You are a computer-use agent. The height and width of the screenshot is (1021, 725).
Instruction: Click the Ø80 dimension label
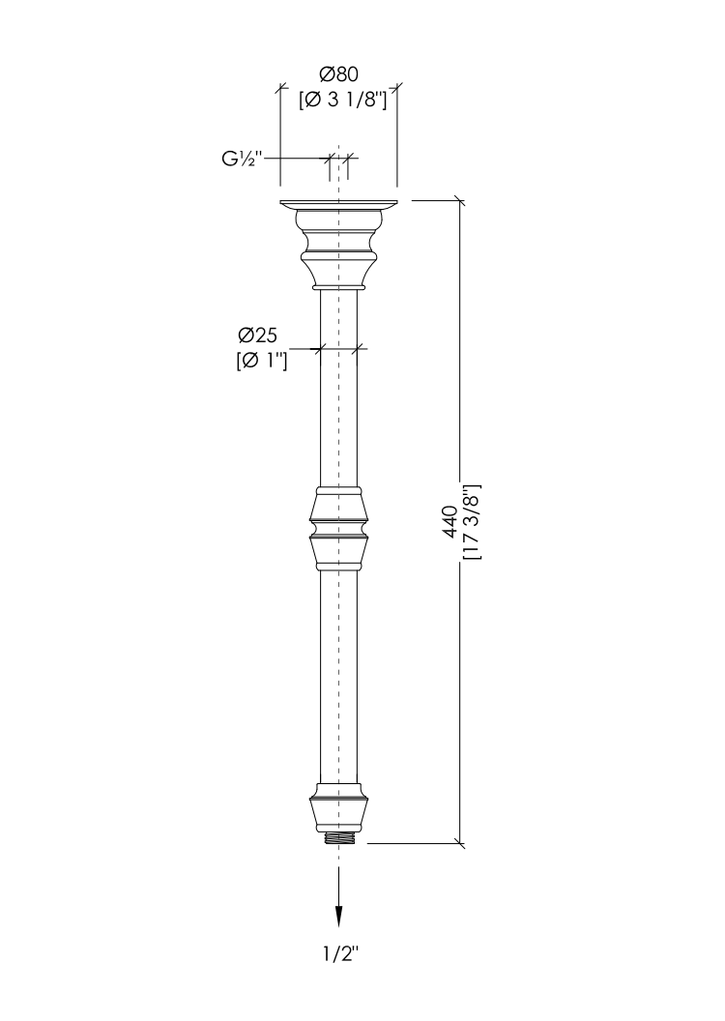(338, 73)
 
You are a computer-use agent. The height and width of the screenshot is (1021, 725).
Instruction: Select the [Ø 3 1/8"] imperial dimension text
(342, 100)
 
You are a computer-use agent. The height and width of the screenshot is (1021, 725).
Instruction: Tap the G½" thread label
(242, 159)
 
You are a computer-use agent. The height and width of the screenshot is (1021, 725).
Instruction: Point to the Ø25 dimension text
(257, 336)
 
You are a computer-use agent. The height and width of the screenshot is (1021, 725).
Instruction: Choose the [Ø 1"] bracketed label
(261, 361)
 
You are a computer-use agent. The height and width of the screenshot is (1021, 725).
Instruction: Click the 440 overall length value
(449, 521)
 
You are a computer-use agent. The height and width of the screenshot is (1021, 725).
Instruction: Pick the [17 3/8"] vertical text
(471, 521)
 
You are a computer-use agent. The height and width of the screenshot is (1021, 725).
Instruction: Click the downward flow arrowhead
(338, 916)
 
